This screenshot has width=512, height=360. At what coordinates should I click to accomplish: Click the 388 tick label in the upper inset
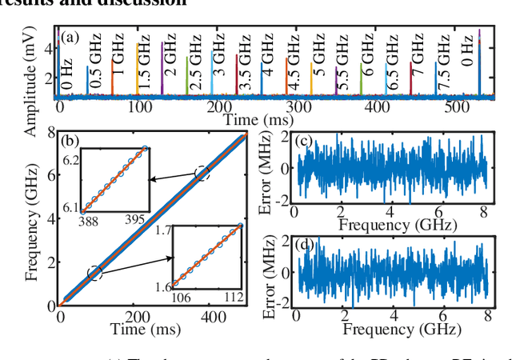pyautogui.click(x=87, y=219)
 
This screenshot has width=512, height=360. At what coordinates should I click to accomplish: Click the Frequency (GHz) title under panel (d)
pyautogui.click(x=391, y=330)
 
